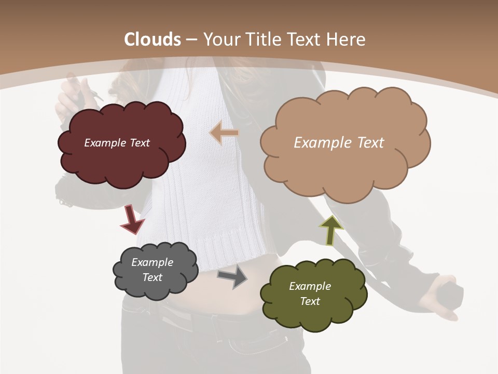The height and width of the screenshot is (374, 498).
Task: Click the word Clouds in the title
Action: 153,39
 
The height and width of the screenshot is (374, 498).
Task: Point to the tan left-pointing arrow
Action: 224,133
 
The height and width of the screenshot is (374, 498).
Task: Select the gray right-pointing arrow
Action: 232,277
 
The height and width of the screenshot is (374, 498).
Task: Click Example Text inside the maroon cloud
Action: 117,143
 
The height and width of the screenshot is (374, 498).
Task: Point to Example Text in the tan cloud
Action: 339,143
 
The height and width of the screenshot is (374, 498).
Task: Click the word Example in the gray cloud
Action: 153,262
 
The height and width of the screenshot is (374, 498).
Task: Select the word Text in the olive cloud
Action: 310,301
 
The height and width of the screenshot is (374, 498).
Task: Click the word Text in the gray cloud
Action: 153,277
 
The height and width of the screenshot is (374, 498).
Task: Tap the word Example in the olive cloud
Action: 310,286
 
